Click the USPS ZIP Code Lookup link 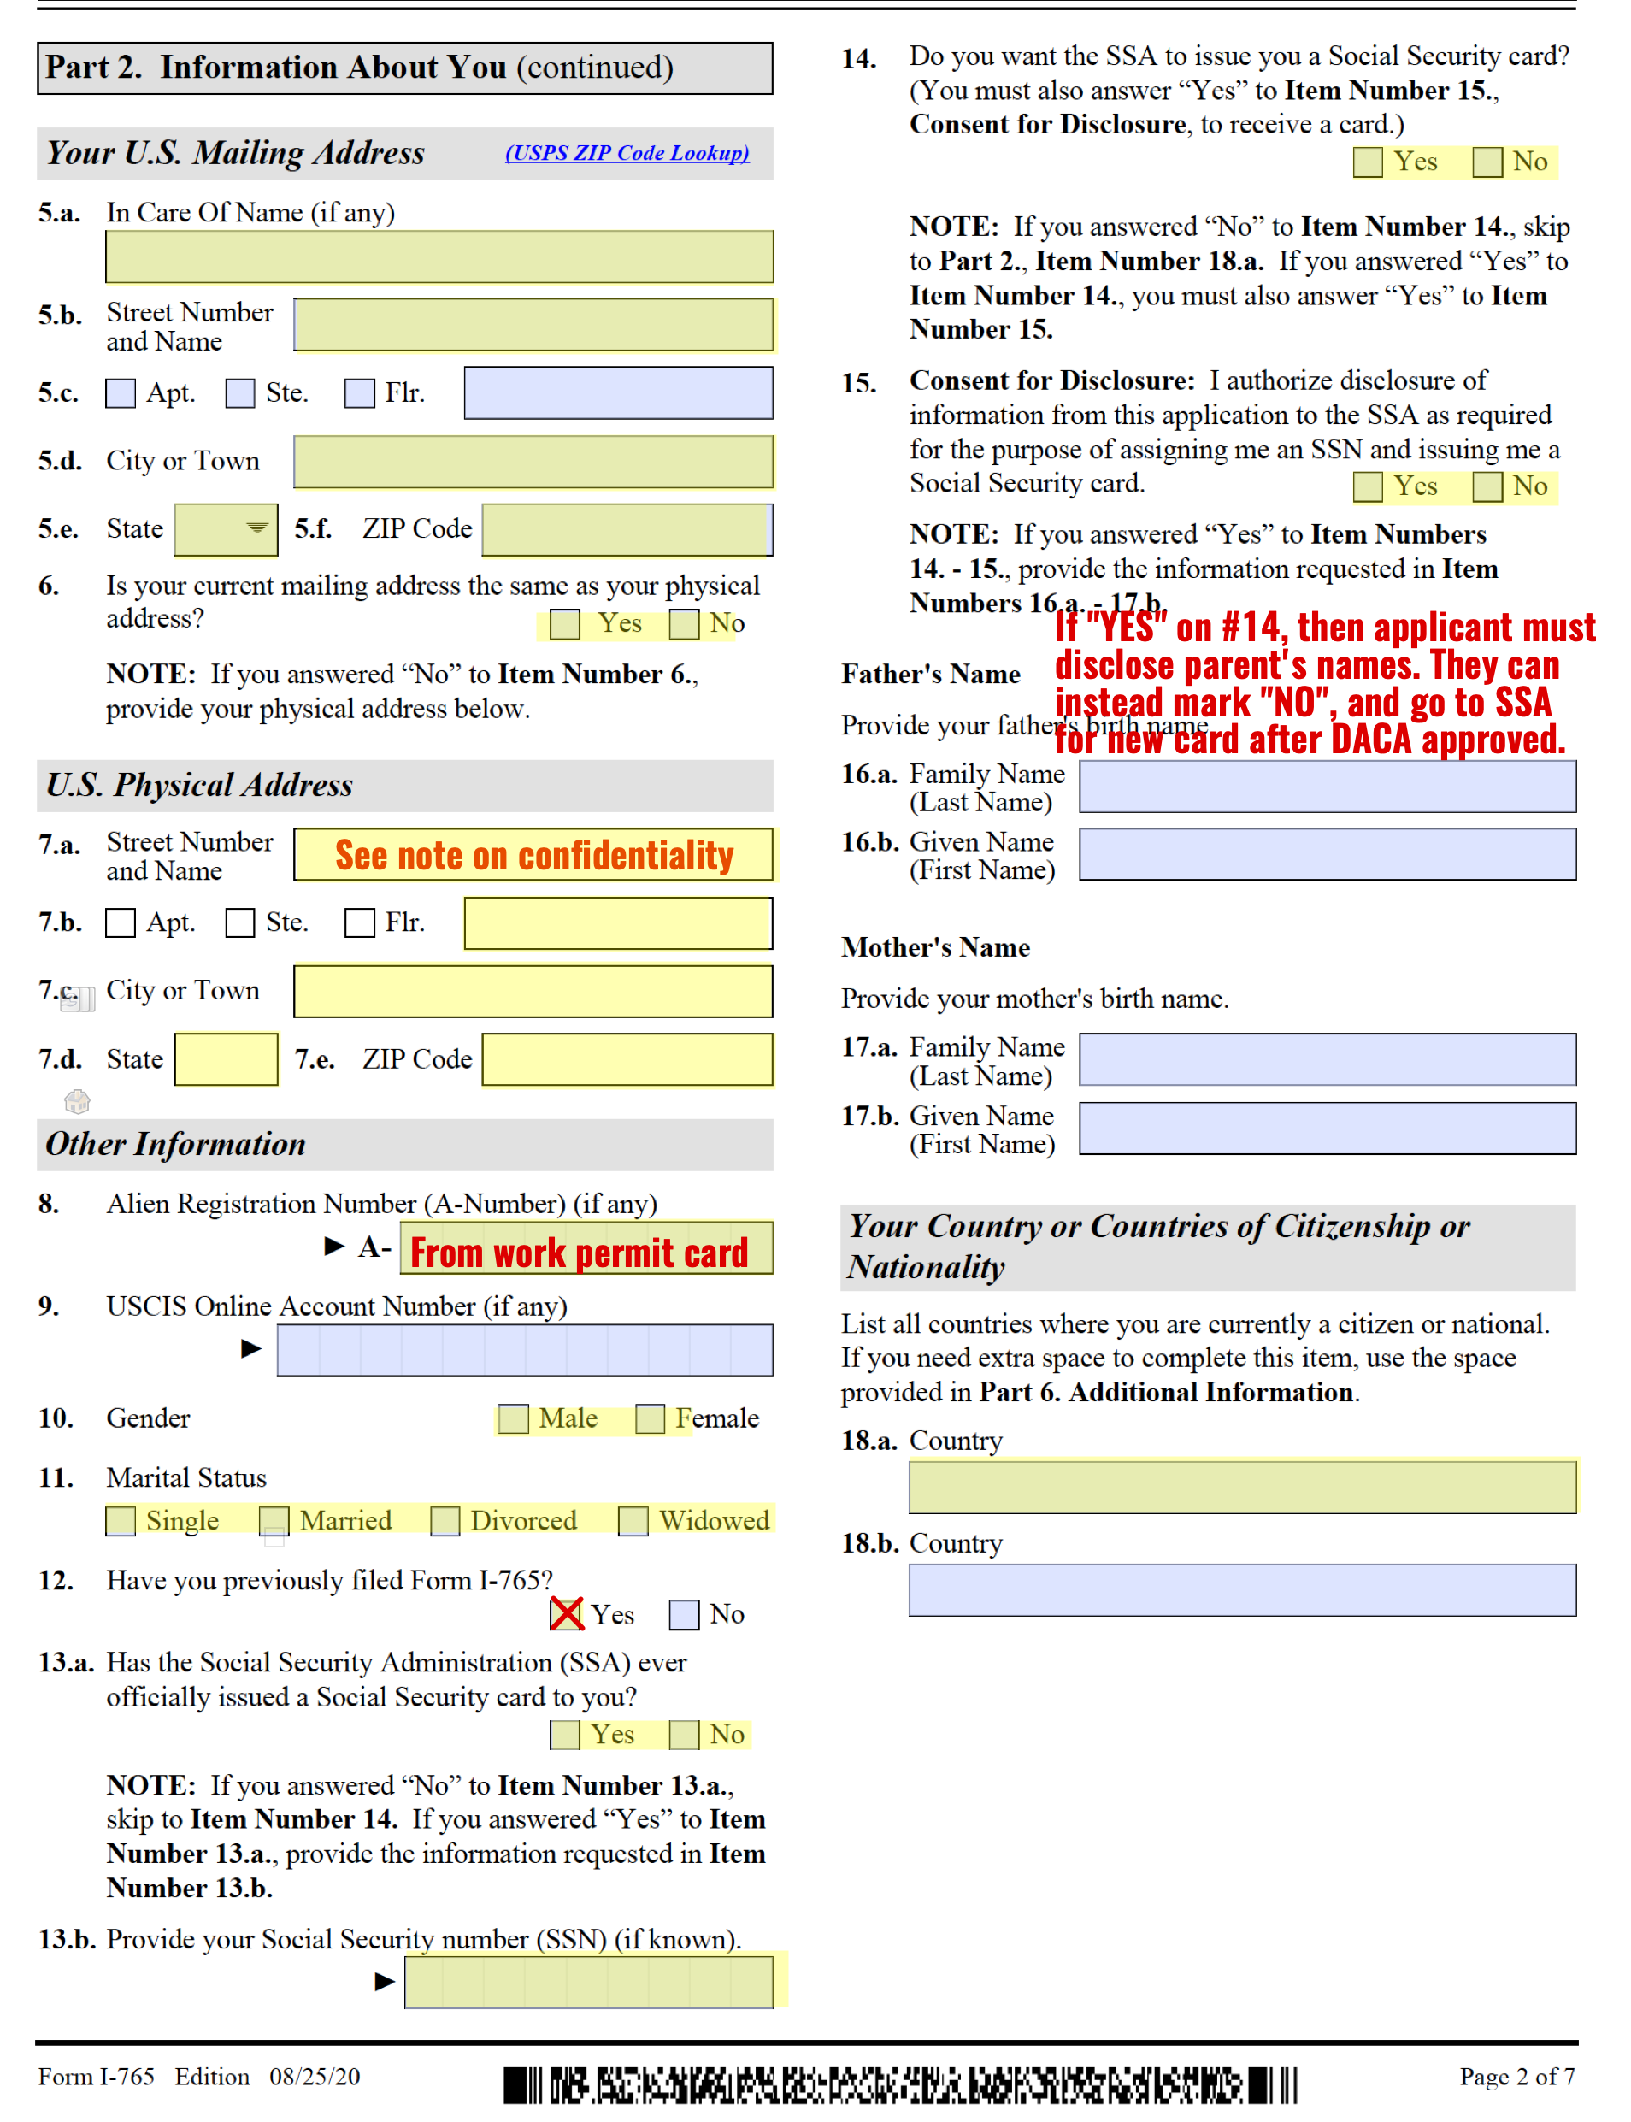627,152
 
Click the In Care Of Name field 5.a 439,256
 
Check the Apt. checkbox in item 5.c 121,393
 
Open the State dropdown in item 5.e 256,529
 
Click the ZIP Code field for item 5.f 627,530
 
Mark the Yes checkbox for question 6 564,623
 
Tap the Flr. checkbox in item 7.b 359,922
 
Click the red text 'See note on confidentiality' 533,855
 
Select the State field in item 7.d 227,1059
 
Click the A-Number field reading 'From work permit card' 580,1252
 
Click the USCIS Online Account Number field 524,1349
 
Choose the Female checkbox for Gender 650,1419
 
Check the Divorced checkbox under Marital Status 445,1521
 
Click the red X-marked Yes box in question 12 566,1614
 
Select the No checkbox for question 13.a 684,1735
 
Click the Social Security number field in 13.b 588,1981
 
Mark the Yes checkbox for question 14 1368,162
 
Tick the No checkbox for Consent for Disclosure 1487,486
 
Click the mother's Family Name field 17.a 1328,1059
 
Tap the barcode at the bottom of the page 899,2085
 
